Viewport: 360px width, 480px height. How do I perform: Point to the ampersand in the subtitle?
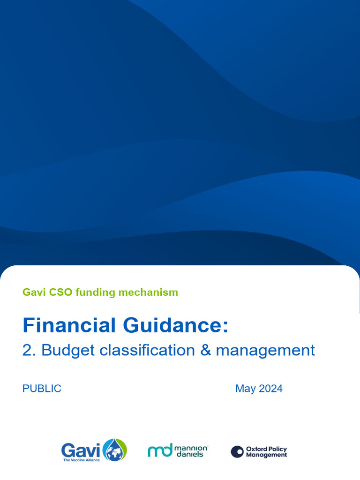tap(206, 350)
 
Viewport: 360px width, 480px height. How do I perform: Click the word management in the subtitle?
tap(265, 350)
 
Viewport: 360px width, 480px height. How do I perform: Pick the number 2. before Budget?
tap(30, 350)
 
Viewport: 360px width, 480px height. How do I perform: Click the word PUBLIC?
tap(42, 389)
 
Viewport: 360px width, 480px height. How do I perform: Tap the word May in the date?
tap(245, 389)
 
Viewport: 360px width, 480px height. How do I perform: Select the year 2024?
tap(270, 389)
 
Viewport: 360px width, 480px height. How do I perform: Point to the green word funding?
tap(95, 292)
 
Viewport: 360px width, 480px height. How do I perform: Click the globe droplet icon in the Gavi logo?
tap(114, 450)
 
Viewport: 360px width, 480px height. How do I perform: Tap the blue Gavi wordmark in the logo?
tap(81, 451)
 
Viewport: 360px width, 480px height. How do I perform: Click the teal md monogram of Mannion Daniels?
tap(160, 450)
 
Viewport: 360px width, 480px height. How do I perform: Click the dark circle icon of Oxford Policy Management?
tap(237, 451)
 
